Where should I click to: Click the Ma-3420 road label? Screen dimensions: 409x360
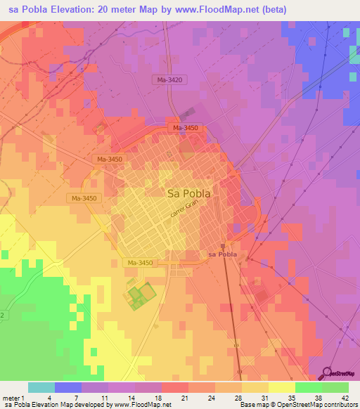tap(169, 80)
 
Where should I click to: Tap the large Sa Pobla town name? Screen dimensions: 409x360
tap(189, 193)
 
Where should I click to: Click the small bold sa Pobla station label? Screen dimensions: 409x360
tap(220, 254)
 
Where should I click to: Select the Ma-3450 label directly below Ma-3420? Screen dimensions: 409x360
tap(186, 127)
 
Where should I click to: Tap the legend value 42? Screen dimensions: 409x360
tap(345, 398)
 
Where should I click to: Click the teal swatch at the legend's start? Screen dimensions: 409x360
tap(41, 387)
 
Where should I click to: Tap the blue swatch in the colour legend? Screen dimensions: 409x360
tap(67, 387)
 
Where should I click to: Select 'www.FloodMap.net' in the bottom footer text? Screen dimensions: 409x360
tap(143, 405)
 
